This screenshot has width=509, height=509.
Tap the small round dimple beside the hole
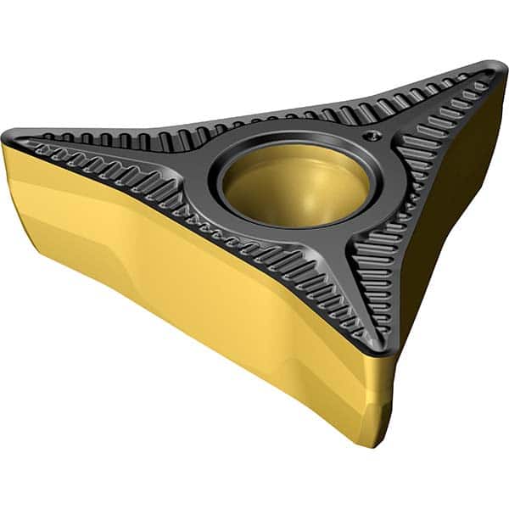click(367, 133)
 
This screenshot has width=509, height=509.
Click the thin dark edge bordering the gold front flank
click(195, 223)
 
